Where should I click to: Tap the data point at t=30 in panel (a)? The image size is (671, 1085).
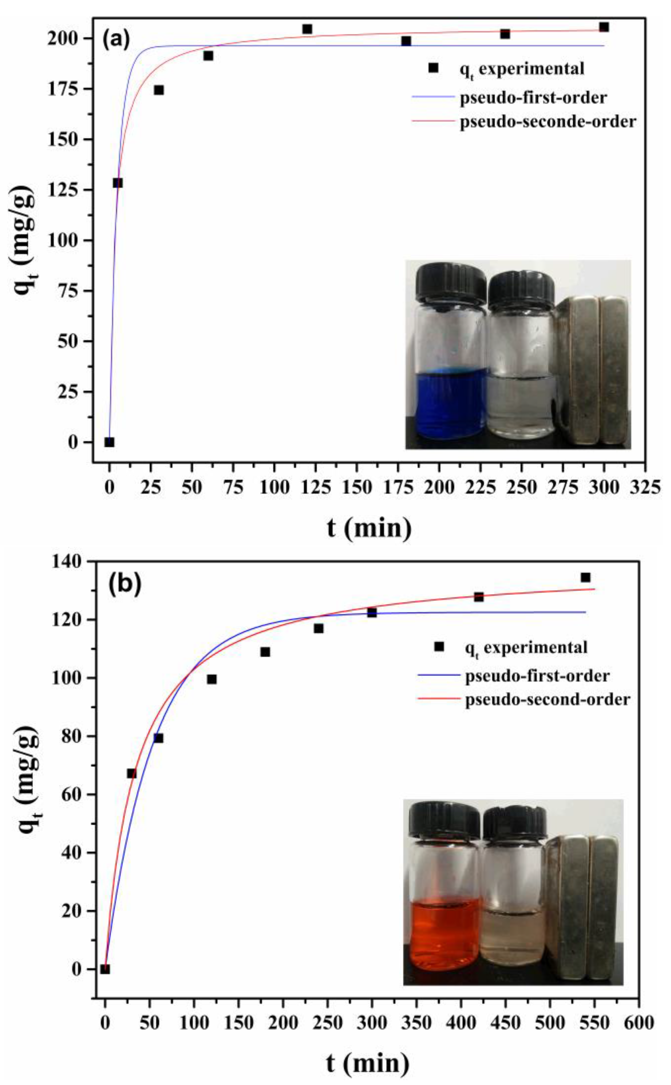[159, 90]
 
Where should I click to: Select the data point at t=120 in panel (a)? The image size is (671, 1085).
[307, 29]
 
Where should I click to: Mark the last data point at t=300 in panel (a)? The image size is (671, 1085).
[604, 27]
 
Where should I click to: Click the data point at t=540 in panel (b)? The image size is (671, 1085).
[585, 577]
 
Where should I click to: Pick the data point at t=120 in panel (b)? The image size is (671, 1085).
[212, 679]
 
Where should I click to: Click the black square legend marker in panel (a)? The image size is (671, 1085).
[434, 68]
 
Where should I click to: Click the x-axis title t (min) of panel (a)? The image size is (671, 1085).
[369, 528]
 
